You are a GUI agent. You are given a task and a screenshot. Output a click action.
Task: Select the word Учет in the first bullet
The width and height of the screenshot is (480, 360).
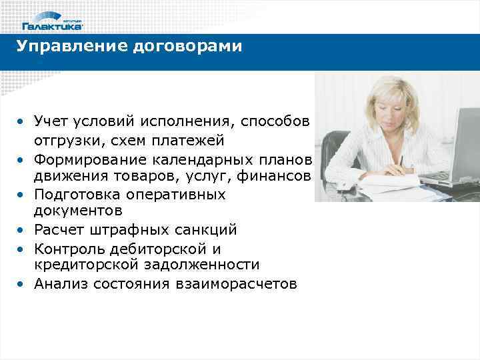click(x=53, y=122)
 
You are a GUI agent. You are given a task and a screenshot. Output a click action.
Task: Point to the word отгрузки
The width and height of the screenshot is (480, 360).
click(x=65, y=141)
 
